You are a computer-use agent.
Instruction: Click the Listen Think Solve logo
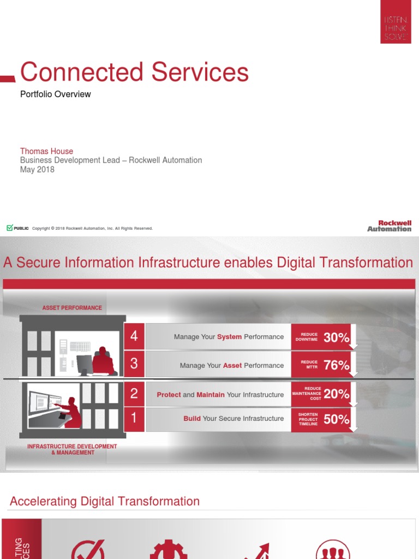pos(396,22)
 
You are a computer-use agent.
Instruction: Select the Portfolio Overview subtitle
pos(56,94)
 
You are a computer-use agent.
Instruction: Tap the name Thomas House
pos(46,151)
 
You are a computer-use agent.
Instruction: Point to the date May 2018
pos(37,169)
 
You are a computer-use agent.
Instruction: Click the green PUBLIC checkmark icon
pos(10,228)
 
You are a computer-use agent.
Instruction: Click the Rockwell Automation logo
pos(389,226)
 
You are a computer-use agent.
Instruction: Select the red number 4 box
pos(134,336)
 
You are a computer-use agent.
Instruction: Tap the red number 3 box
pos(134,365)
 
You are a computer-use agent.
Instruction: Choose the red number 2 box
pos(134,394)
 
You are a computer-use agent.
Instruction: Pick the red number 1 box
pos(134,419)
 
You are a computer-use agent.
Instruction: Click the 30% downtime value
pos(336,337)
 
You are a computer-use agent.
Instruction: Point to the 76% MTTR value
pos(336,365)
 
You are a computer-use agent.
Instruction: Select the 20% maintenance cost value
pos(336,394)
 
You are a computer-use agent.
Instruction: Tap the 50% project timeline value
pos(336,419)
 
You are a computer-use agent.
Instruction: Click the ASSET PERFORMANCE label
pos(72,308)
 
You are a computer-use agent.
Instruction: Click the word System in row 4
pos(229,337)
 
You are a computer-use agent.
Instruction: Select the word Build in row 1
pos(192,419)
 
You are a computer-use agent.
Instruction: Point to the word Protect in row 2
pos(169,395)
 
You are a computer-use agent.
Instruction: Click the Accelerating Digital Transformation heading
pos(105,501)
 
